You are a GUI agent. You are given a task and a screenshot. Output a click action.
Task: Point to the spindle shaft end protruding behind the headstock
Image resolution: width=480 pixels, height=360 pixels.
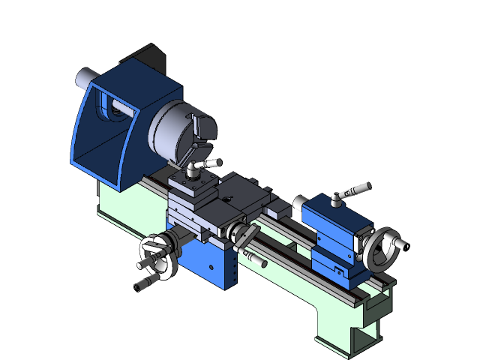click(x=85, y=77)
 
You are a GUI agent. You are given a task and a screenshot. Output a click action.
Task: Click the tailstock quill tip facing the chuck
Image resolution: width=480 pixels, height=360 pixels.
click(x=301, y=202)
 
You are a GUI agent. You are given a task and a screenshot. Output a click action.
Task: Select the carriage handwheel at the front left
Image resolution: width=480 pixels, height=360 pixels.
click(x=159, y=255)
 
